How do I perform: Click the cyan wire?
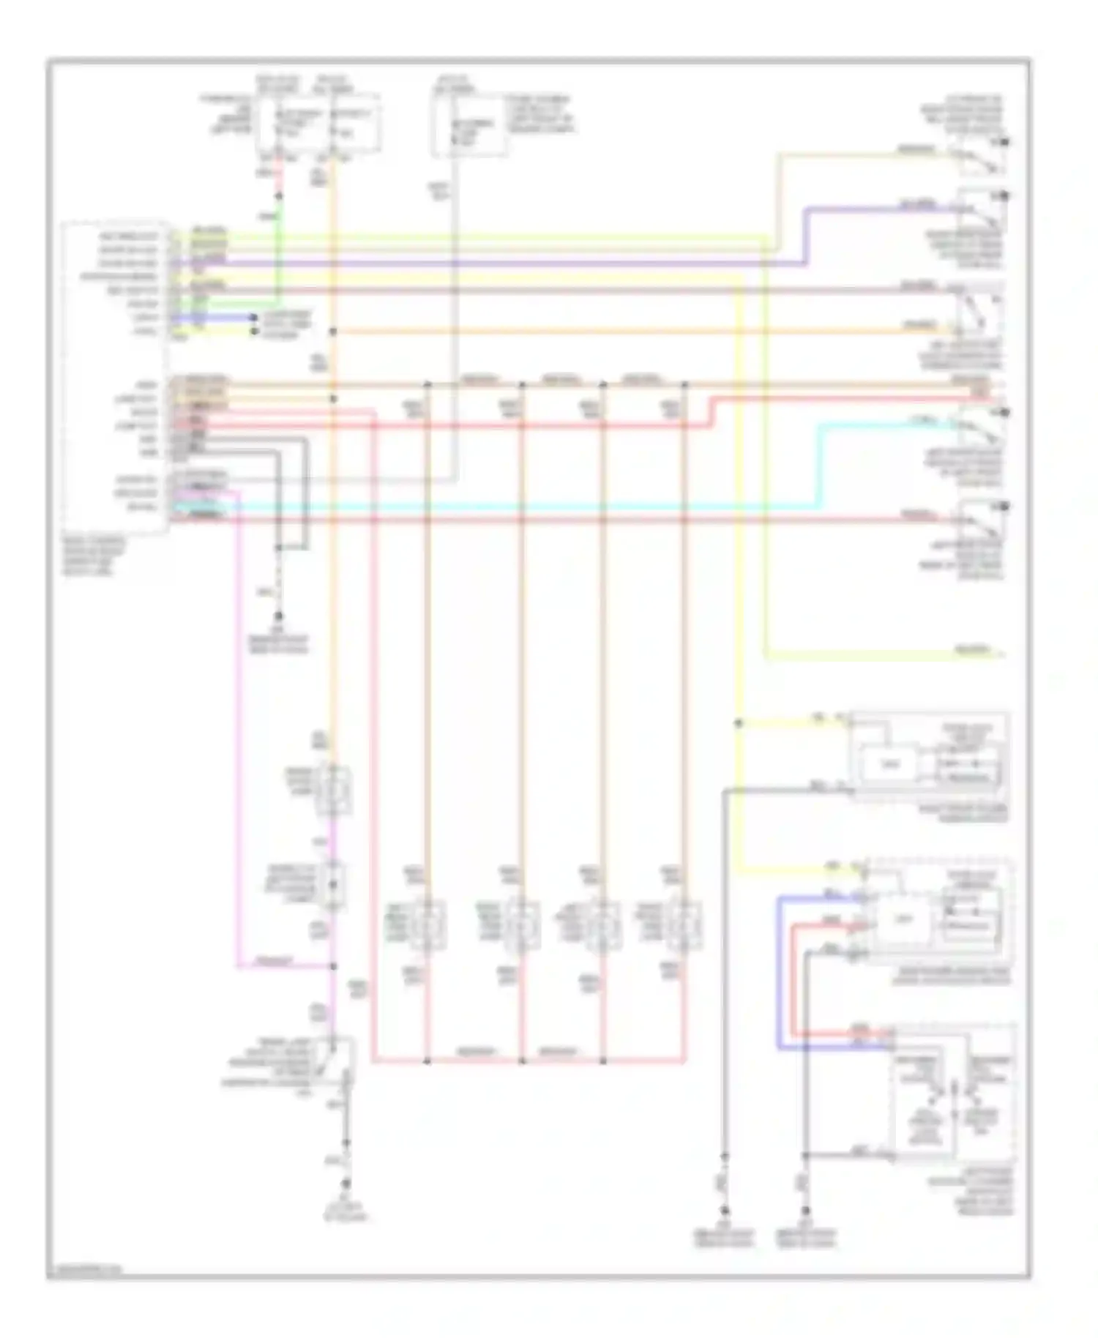(x=512, y=506)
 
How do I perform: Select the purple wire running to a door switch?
(x=512, y=263)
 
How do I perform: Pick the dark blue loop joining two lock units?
(x=779, y=973)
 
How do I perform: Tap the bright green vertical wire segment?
(x=278, y=249)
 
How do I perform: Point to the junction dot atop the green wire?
(x=278, y=196)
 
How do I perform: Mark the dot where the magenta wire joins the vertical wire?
(x=333, y=966)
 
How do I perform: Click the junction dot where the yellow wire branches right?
(x=739, y=723)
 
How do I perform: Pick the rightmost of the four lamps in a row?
(x=685, y=925)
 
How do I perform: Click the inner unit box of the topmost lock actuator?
(x=888, y=766)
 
